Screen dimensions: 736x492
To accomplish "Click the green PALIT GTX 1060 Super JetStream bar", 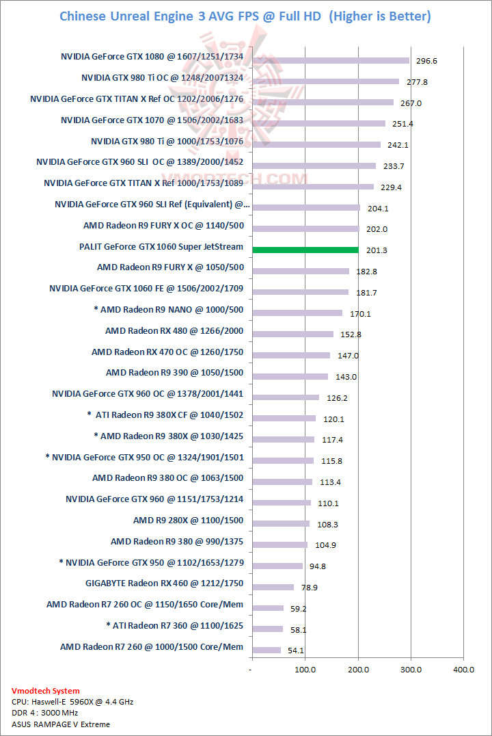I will click(305, 250).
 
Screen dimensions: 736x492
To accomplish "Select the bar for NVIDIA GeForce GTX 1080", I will click(331, 60).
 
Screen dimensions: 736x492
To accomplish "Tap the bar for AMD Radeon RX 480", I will click(293, 334).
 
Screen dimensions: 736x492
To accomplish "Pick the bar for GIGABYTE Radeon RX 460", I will click(273, 587).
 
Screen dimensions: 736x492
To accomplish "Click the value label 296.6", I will click(426, 61).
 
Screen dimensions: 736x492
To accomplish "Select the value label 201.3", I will click(377, 250).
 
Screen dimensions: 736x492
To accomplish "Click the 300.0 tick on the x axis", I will click(410, 670).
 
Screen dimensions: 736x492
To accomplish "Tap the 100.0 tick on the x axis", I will click(305, 670).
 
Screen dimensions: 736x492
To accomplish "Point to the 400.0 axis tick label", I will click(463, 670).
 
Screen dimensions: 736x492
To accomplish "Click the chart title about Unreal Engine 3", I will click(245, 16).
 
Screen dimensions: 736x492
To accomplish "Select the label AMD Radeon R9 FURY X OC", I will click(163, 226).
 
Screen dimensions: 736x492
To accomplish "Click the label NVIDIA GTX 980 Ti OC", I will click(162, 78).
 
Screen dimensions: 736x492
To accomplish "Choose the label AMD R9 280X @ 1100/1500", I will click(188, 521).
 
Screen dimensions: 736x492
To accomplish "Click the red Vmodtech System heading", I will click(46, 691).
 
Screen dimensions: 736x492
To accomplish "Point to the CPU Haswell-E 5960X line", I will click(72, 702).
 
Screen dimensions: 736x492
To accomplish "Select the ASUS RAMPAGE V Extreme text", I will click(61, 724).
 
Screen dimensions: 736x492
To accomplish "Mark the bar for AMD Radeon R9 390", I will click(290, 376).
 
